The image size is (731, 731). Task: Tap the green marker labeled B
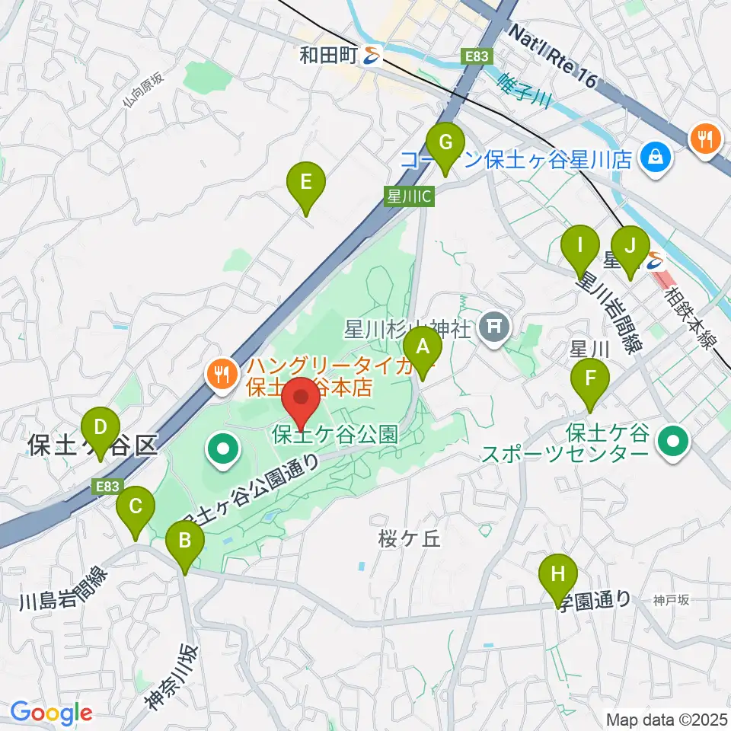185,542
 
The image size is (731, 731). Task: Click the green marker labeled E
305,184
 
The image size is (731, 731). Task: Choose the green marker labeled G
445,143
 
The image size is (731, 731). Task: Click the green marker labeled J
629,247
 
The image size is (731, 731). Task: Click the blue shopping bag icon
654,158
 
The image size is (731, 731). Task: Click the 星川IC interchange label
409,196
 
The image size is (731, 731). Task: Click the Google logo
52,713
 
